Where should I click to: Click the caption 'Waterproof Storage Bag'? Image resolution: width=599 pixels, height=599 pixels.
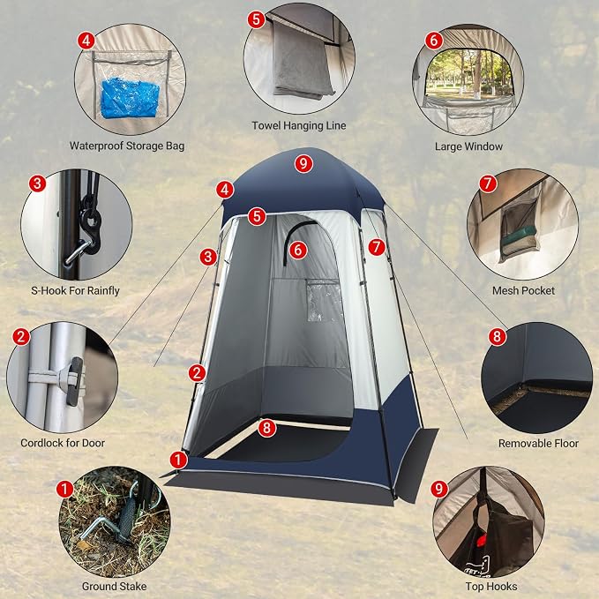tap(127, 146)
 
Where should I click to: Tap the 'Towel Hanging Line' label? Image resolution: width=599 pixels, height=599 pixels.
tap(299, 125)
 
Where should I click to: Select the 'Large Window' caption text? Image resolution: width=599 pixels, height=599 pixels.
tap(468, 146)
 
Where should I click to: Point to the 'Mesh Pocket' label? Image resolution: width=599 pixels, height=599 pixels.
tap(523, 291)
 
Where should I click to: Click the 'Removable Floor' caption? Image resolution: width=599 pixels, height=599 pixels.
tap(538, 443)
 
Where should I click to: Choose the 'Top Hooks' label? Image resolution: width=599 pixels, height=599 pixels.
tap(490, 586)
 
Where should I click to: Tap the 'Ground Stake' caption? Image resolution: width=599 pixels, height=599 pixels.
tap(114, 586)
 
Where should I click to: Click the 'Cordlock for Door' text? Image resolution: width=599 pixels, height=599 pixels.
tap(63, 443)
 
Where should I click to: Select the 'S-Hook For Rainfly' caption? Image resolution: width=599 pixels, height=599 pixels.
tap(75, 291)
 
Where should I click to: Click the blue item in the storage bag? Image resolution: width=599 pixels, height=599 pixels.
tap(130, 98)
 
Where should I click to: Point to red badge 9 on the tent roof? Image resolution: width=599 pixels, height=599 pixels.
tap(303, 164)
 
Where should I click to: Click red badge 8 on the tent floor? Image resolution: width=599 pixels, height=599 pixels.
tap(266, 428)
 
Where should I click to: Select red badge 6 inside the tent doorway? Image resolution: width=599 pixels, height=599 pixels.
tap(298, 251)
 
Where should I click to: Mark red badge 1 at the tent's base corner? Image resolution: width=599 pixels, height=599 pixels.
tap(178, 460)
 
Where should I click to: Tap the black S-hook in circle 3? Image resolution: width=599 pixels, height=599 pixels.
tap(90, 225)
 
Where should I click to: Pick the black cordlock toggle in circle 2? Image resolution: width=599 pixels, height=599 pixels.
tap(74, 381)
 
